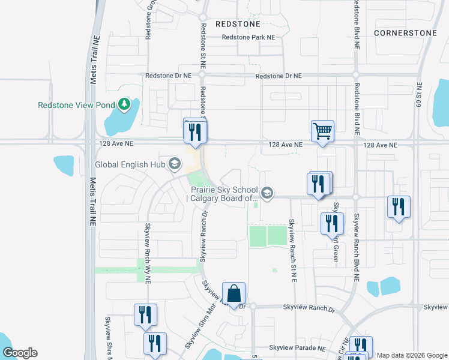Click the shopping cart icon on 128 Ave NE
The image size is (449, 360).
click(323, 131)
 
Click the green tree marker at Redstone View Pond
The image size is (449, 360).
click(124, 105)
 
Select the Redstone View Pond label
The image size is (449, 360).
click(76, 105)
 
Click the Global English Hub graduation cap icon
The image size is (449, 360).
click(175, 164)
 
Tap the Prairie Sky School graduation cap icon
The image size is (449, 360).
click(267, 193)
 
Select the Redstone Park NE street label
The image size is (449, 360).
click(248, 37)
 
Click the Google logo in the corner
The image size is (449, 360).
click(20, 353)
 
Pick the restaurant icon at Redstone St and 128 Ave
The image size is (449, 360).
click(194, 131)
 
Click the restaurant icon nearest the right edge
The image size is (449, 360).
click(399, 207)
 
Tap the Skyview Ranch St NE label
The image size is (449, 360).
click(294, 250)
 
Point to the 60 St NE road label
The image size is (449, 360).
click(419, 95)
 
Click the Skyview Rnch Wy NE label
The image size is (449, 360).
click(148, 253)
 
